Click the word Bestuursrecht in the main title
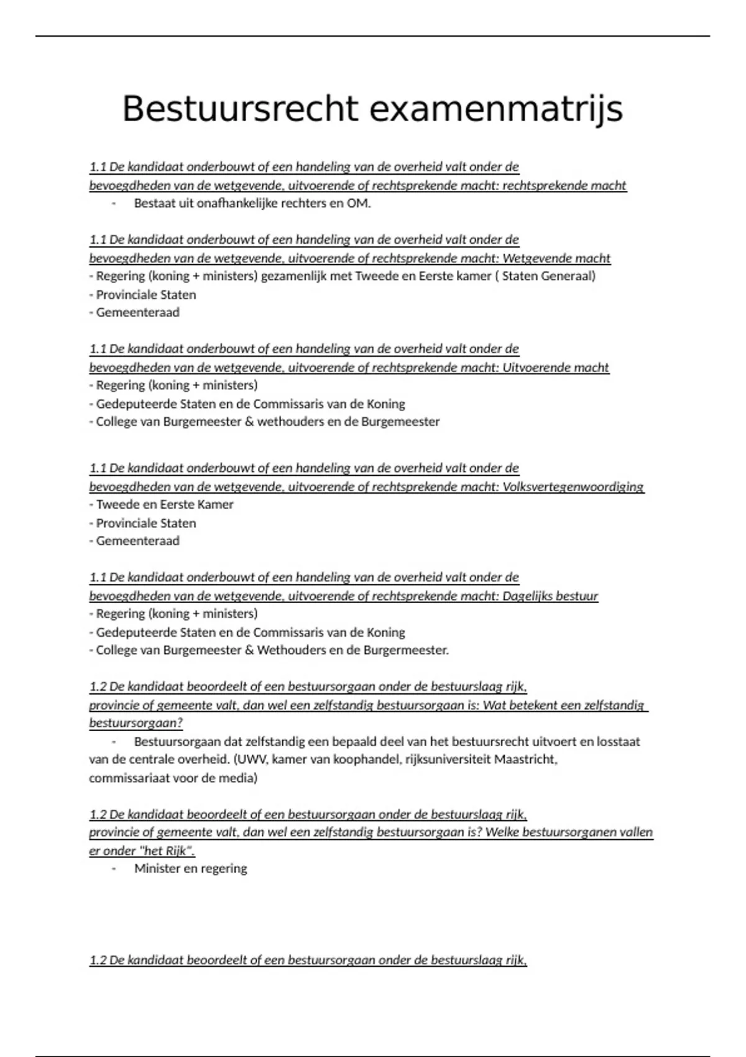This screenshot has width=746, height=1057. click(239, 109)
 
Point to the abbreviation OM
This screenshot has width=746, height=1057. click(360, 203)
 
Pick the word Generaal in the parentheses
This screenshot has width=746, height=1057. click(568, 276)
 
